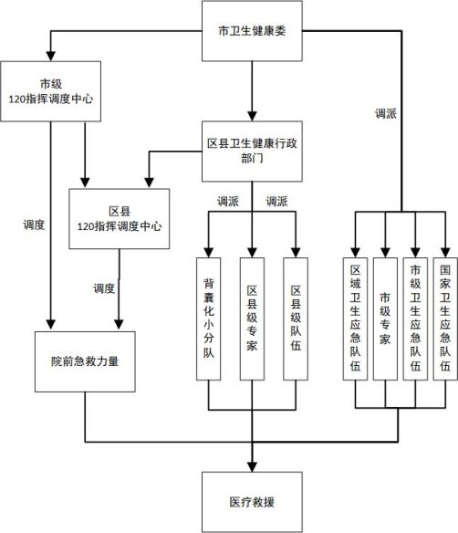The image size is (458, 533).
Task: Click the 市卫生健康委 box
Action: [252, 31]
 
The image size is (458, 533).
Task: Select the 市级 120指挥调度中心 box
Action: [50, 91]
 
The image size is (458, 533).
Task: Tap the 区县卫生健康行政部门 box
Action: [252, 152]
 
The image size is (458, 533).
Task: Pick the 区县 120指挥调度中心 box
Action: [120, 219]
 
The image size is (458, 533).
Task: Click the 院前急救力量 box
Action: [85, 361]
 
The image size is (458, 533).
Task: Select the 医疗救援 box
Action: [252, 502]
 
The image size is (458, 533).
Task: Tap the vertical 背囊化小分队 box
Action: [209, 319]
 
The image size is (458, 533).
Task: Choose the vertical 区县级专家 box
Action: [252, 319]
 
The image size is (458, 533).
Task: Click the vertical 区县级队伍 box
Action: [296, 319]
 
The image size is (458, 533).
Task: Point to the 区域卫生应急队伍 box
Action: [356, 319]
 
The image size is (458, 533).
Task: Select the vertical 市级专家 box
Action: [385, 319]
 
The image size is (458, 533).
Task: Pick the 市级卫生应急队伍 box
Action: [415, 319]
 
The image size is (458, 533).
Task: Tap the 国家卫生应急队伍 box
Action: [445, 319]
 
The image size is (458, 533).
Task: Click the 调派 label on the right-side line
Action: [386, 113]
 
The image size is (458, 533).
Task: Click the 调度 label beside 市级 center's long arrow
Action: [34, 225]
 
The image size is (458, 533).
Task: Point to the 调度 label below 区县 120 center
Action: [104, 288]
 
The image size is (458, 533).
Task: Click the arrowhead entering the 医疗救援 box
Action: [252, 467]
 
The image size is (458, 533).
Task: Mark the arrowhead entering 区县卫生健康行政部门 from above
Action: [252, 116]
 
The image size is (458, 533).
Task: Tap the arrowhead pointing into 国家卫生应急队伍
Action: [445, 253]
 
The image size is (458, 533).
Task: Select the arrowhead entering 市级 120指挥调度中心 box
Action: [50, 57]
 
